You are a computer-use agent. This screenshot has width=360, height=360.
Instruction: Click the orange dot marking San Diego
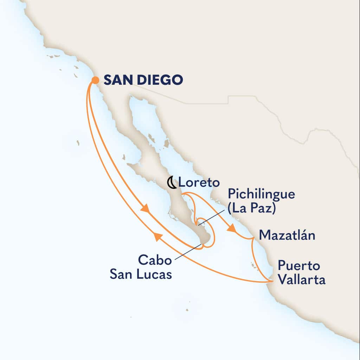tap(95, 80)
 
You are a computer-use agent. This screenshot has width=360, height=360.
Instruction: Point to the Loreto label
tap(199, 183)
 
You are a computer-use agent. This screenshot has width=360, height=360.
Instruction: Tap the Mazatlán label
tap(287, 235)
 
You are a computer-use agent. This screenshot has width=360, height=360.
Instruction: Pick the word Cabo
tap(155, 260)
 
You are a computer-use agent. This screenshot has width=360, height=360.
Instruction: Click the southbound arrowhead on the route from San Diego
tap(144, 208)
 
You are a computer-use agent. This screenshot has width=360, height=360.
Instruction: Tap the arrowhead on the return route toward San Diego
tap(158, 238)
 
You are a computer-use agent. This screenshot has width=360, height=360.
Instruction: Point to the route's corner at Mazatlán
tap(253, 239)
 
